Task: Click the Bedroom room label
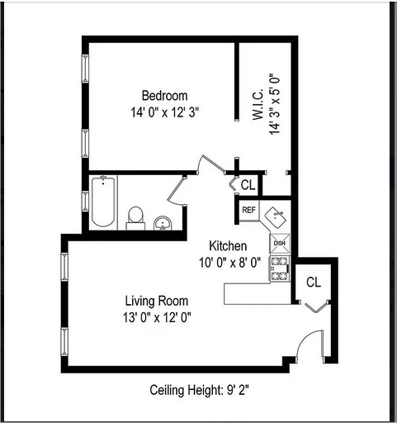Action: [164, 95]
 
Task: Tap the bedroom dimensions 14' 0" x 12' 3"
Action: [164, 112]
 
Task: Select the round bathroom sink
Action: [163, 221]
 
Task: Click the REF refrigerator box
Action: [248, 210]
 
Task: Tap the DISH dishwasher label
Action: [279, 243]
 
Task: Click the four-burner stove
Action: [280, 266]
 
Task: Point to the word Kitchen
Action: [227, 246]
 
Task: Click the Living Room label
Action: [157, 300]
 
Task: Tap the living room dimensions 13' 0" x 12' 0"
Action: [157, 316]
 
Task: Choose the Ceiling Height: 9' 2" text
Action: [198, 389]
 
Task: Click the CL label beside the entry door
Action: [313, 282]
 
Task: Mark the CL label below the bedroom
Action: [248, 184]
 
